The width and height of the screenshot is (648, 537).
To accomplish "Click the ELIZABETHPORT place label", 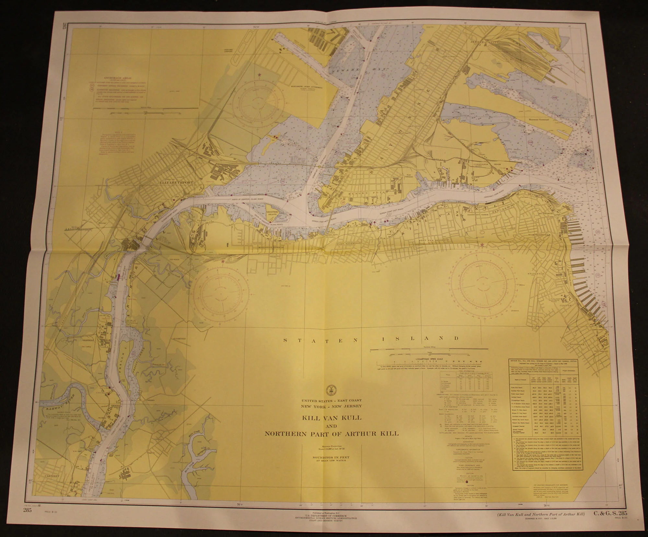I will tap(176, 183).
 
